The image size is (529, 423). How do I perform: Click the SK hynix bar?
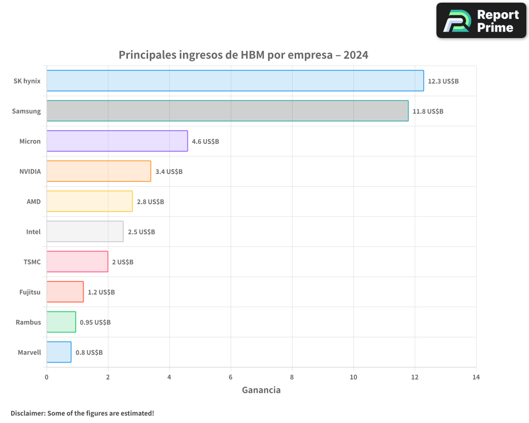coord(235,81)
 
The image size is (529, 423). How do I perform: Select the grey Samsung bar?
coord(227,111)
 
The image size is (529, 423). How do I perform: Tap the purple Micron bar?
coord(117,141)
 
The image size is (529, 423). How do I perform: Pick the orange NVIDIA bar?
coord(98,171)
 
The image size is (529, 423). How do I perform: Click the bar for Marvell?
coord(59,352)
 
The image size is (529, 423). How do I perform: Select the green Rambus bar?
coord(61,322)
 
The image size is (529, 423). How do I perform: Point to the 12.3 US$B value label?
coord(443,81)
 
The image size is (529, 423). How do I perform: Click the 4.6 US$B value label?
coord(205,141)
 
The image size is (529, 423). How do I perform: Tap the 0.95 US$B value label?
coord(95,322)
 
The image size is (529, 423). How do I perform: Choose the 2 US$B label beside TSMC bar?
coord(123,262)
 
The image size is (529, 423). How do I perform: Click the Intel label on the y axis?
coord(33,232)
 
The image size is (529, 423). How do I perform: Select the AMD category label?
coord(33,201)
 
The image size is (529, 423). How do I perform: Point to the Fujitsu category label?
coord(30,292)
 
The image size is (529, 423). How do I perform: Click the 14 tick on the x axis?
coord(476,377)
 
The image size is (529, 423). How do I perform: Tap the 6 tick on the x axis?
coord(231,377)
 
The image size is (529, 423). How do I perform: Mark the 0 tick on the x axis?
coord(47,377)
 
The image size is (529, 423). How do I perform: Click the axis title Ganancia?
coord(261,390)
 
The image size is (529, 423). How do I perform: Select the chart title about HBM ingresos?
coord(243,55)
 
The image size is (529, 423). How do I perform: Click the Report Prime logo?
coord(481,21)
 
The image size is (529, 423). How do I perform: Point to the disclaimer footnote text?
coord(82,413)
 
